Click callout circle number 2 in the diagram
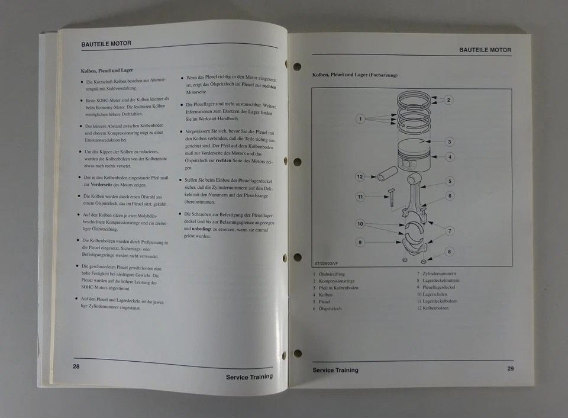click(x=448, y=100)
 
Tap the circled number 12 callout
click(x=360, y=176)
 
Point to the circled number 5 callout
click(x=450, y=182)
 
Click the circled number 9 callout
click(x=360, y=242)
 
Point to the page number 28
click(x=76, y=366)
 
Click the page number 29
click(x=511, y=369)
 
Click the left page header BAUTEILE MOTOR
click(x=106, y=43)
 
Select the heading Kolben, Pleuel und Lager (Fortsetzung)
click(x=354, y=75)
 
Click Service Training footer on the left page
click(x=249, y=377)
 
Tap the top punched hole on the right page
click(x=297, y=66)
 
